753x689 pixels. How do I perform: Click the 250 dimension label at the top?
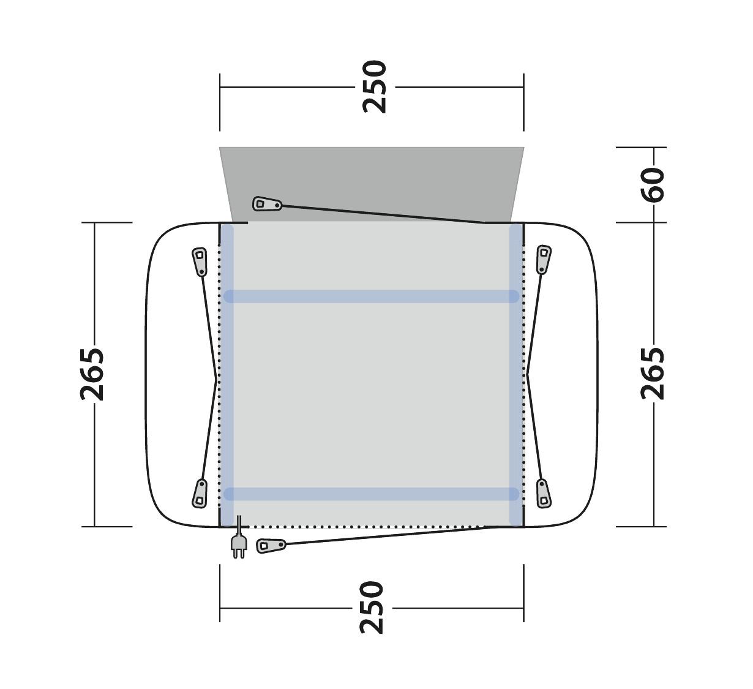point(375,87)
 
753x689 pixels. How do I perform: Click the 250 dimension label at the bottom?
point(372,608)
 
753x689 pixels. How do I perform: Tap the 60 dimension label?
point(653,185)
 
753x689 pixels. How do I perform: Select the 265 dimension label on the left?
point(92,375)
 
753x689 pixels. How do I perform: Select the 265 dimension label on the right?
point(653,374)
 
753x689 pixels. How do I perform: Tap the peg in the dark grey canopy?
point(268,204)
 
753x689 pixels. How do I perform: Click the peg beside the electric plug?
point(271,546)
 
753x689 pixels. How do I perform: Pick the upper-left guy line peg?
point(200,262)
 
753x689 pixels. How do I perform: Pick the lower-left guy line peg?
point(200,494)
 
